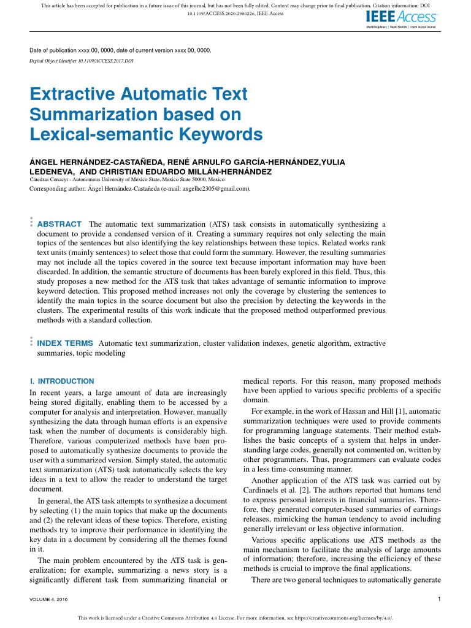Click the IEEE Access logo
point(402,17)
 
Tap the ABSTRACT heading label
point(59,224)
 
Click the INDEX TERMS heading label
point(66,343)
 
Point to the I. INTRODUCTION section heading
point(62,381)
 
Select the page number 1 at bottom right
point(440,599)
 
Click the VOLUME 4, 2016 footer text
point(48,599)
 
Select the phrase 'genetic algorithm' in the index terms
point(321,343)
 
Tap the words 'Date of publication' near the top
point(59,50)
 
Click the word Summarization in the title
point(87,114)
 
